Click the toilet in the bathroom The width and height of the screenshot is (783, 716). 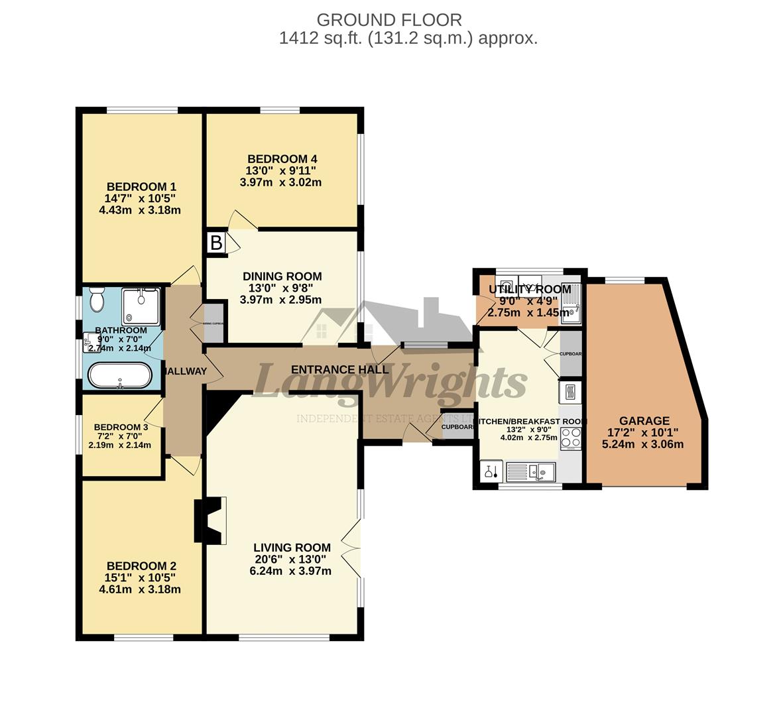pyautogui.click(x=97, y=300)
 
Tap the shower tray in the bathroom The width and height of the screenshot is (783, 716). pyautogui.click(x=141, y=306)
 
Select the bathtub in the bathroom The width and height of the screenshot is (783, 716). pyautogui.click(x=120, y=376)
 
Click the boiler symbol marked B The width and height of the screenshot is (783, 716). pyautogui.click(x=216, y=243)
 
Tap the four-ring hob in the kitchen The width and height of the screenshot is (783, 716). pyautogui.click(x=571, y=438)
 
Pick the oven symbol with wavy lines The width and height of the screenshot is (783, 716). pyautogui.click(x=570, y=392)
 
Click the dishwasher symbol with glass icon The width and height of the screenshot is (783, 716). pyautogui.click(x=491, y=471)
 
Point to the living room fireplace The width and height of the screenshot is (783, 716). pyautogui.click(x=210, y=520)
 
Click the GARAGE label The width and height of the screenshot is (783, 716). pyautogui.click(x=644, y=421)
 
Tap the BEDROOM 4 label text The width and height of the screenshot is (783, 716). pyautogui.click(x=282, y=159)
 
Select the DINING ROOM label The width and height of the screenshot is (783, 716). pyautogui.click(x=282, y=276)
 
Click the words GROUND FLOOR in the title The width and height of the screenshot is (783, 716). pyautogui.click(x=389, y=20)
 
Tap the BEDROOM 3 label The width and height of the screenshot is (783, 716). pyautogui.click(x=121, y=428)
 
